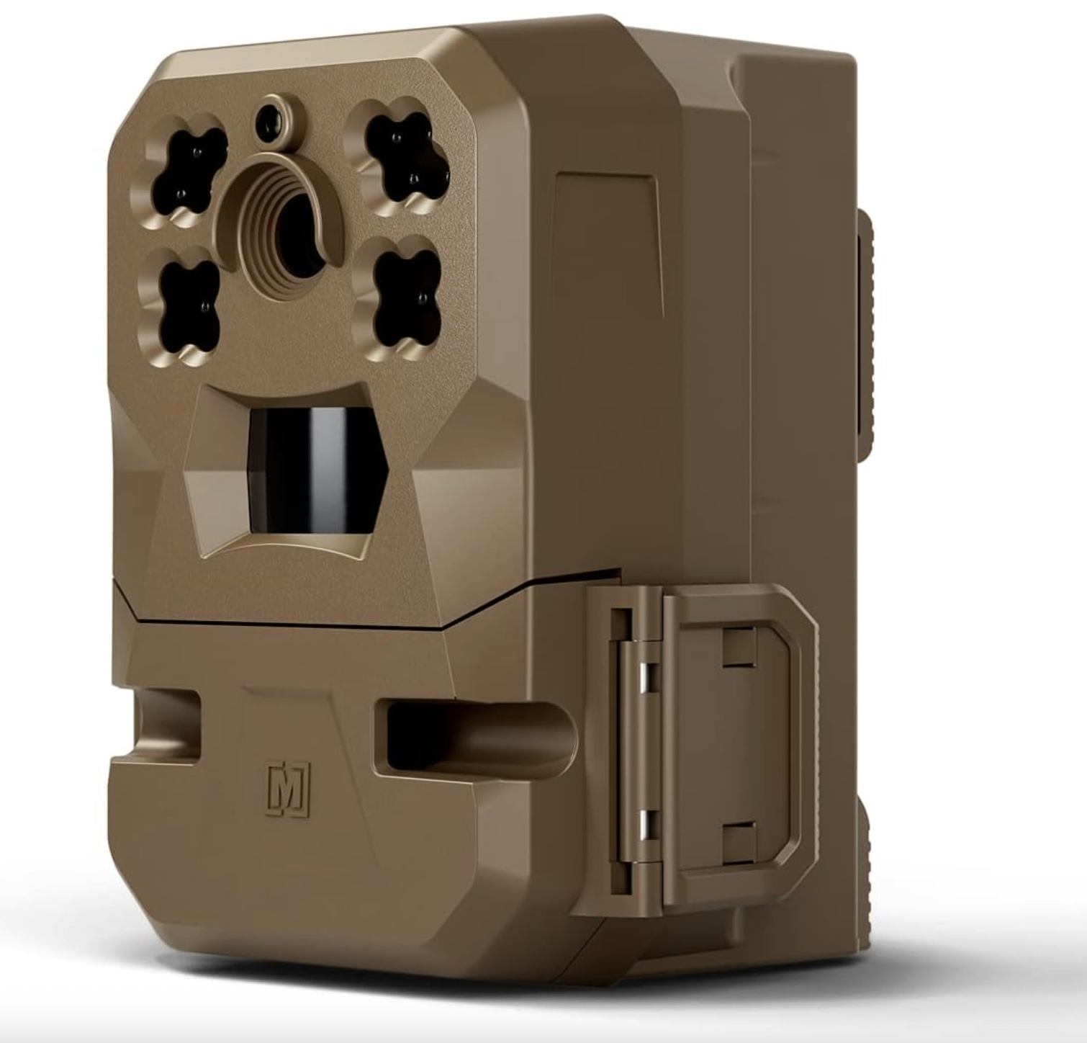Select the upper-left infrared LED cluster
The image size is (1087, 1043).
click(x=184, y=171)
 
